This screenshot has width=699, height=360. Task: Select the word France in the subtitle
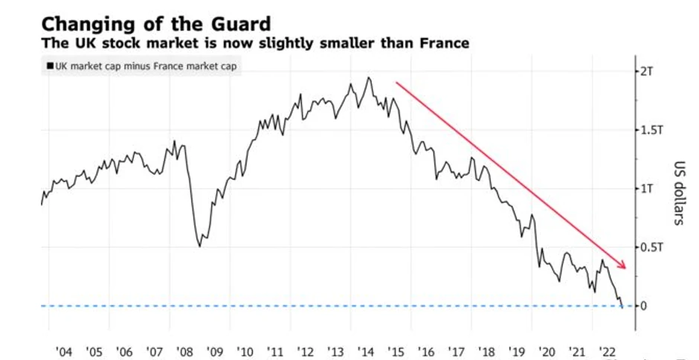tap(443, 43)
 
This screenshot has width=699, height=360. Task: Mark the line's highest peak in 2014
tap(369, 77)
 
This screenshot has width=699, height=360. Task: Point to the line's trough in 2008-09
tap(199, 246)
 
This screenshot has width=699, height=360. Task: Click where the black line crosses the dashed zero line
tap(621, 306)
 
